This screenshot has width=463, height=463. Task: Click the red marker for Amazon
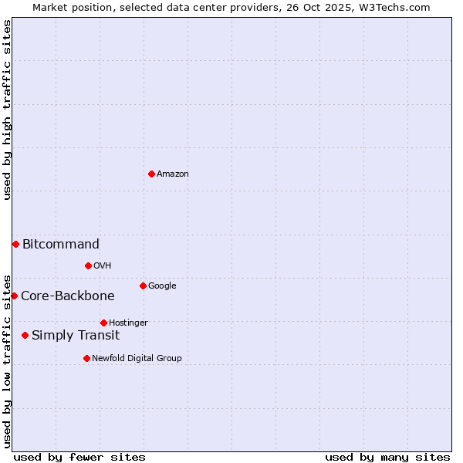tap(151, 174)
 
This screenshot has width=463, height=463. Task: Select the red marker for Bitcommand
tap(15, 244)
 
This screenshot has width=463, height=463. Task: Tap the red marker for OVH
tap(88, 265)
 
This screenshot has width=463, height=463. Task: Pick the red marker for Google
tap(143, 286)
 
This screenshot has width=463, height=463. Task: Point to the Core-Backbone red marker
tap(14, 296)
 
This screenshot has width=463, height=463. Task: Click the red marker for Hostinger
tap(103, 323)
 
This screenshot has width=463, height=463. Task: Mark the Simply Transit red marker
tap(25, 335)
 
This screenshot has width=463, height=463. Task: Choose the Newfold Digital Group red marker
tap(86, 358)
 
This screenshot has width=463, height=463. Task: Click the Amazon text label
tap(173, 174)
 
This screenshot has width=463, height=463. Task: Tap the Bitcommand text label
tap(61, 245)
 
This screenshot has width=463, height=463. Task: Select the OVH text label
tap(103, 266)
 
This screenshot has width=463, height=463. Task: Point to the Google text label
tap(162, 286)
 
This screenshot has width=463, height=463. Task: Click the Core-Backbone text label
tap(68, 296)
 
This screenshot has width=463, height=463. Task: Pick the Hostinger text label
tap(128, 323)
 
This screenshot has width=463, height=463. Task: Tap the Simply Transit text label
tap(76, 336)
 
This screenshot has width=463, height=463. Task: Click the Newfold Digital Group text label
tap(137, 359)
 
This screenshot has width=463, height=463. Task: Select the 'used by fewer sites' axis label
tap(79, 457)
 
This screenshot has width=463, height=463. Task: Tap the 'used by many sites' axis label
tap(387, 457)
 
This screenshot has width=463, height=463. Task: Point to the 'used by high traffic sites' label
tap(8, 110)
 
